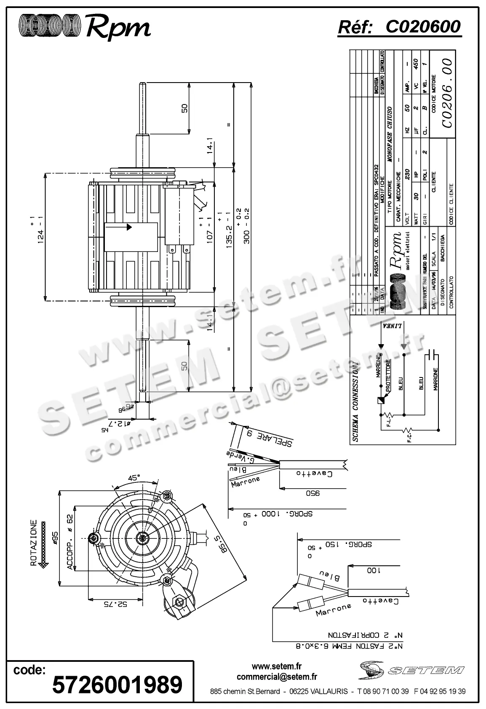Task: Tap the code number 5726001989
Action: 117,684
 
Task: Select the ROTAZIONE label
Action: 34,539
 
